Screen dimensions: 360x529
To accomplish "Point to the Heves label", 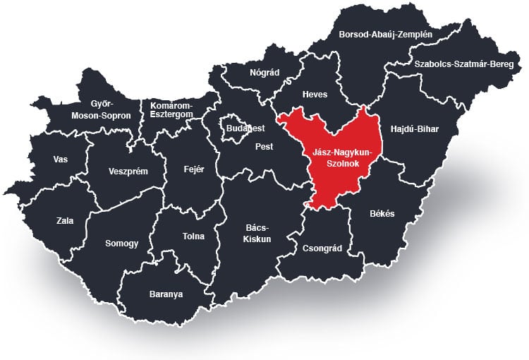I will click(x=315, y=95).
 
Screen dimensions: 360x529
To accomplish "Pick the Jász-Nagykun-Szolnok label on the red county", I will click(x=341, y=157).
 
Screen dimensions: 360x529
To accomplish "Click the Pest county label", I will click(x=264, y=148).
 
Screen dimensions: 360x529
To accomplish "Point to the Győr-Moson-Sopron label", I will click(x=102, y=109).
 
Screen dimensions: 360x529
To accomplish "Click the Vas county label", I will click(x=61, y=159).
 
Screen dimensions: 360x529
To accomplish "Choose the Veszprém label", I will click(x=128, y=171).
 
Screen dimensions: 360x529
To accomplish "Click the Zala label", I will click(x=65, y=220).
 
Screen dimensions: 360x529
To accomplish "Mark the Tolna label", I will click(x=193, y=236).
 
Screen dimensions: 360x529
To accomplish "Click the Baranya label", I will click(x=166, y=294).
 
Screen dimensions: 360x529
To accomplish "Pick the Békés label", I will click(x=382, y=213).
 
